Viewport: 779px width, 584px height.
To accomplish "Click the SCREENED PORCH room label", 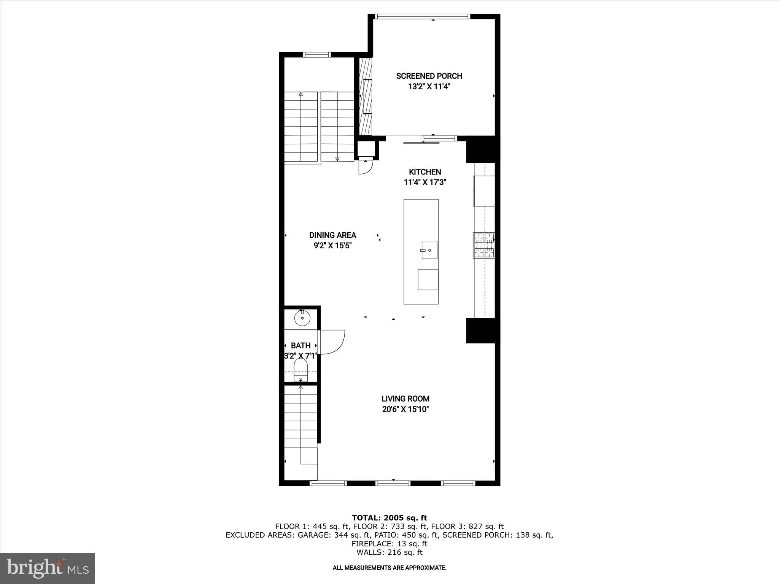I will [x=429, y=76].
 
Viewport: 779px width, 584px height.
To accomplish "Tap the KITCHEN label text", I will [x=425, y=172].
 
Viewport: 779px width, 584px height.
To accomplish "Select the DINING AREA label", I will [x=332, y=235].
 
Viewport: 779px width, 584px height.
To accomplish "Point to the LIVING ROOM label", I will [x=405, y=399].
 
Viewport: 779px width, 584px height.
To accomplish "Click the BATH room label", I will [x=300, y=346].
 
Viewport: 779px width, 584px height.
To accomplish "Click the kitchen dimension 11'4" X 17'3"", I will [x=425, y=182].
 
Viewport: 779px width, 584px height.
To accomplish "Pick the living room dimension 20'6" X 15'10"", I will [x=405, y=409].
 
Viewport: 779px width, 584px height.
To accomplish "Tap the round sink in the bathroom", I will [x=302, y=318].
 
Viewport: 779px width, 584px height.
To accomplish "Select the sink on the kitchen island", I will [x=429, y=251].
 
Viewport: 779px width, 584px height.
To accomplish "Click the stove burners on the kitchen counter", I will [x=484, y=245].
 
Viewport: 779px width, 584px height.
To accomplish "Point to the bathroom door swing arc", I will [x=333, y=342].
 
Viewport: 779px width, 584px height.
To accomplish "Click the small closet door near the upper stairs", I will [x=365, y=167].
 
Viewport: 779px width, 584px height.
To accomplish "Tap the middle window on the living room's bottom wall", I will [x=393, y=483].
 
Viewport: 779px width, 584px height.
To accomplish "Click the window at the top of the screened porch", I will [x=422, y=16].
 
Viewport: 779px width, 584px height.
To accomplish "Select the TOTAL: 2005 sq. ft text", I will [x=389, y=518].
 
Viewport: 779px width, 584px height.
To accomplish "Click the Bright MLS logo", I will [x=48, y=568].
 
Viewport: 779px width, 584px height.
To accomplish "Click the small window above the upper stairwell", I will [x=317, y=55].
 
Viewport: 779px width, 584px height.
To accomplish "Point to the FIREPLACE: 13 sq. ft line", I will [x=389, y=544].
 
